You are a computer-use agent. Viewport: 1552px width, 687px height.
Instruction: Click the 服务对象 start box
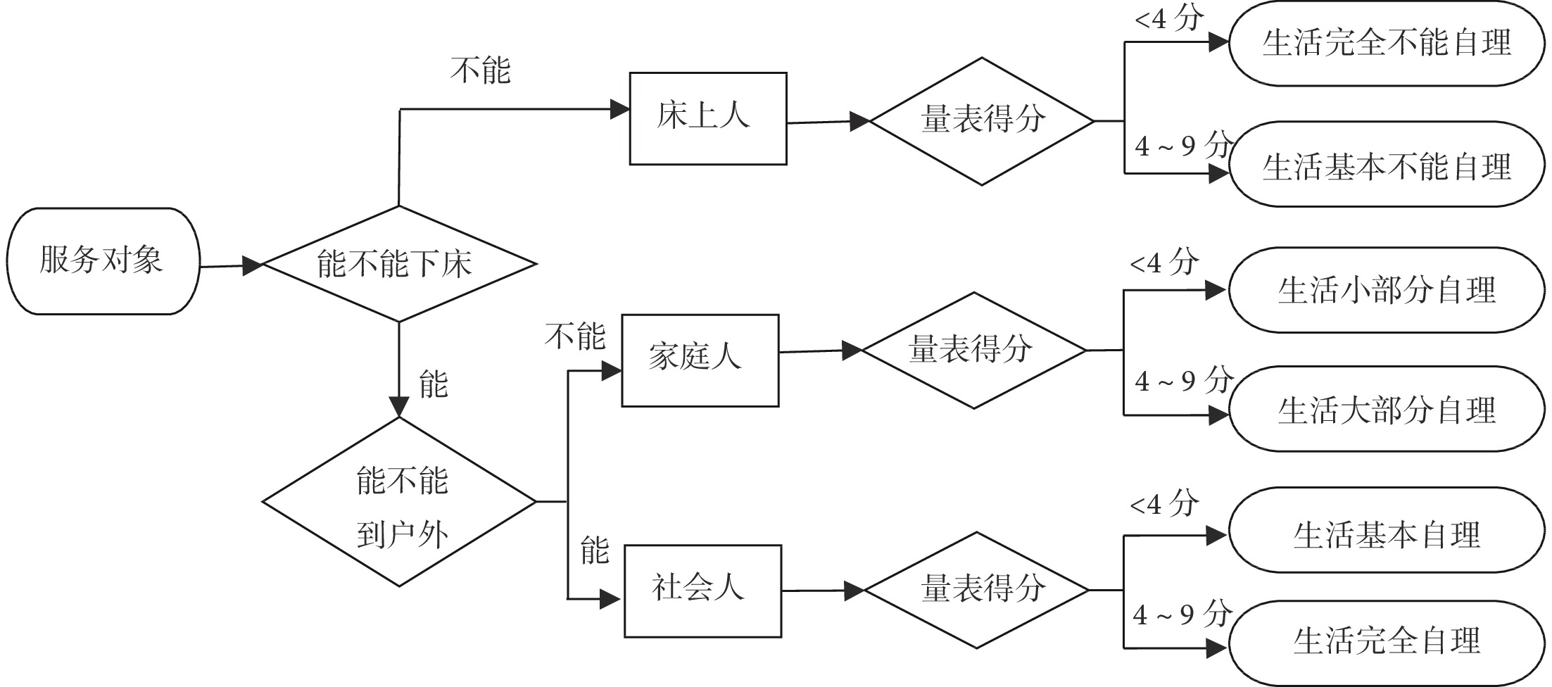point(103,261)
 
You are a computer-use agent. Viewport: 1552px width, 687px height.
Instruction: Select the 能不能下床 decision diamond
point(399,264)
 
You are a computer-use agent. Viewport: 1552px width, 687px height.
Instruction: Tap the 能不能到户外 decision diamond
point(399,503)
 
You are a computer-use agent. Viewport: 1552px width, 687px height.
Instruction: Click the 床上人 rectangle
point(707,118)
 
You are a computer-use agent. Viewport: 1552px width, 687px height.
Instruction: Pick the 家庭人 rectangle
point(700,360)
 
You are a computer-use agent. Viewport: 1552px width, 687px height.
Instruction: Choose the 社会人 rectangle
point(702,591)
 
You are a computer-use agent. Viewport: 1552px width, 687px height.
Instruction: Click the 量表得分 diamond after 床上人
point(982,121)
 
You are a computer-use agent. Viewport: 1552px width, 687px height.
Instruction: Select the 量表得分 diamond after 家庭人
point(974,350)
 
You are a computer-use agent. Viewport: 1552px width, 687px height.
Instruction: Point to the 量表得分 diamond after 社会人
point(976,590)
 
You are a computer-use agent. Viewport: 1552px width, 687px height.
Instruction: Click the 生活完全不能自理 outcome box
point(1387,44)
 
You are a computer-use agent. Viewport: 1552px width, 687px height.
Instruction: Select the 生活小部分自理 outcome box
point(1387,290)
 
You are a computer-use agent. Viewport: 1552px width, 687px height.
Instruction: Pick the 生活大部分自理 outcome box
point(1387,410)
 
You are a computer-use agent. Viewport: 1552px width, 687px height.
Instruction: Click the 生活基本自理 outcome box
point(1387,535)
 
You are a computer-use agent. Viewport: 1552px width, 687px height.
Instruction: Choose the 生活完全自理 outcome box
point(1387,641)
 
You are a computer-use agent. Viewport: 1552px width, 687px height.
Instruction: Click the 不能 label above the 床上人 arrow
point(481,70)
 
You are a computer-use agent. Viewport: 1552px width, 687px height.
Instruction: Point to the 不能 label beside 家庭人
point(575,336)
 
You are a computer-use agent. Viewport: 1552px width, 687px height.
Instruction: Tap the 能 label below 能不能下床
point(433,384)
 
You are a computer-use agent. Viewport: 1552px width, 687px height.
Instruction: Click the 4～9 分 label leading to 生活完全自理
point(1182,615)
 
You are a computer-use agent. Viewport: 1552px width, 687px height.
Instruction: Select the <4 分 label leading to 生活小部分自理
point(1164,263)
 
